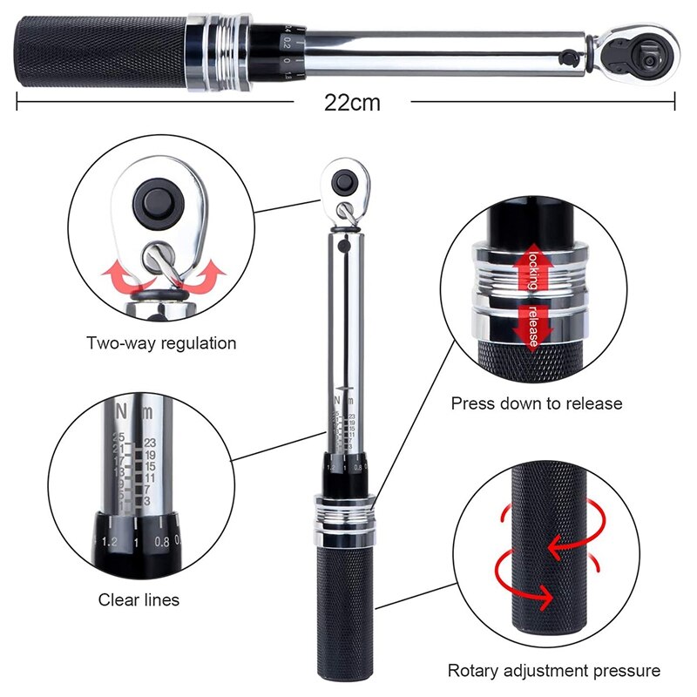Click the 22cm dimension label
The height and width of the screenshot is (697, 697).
[352, 102]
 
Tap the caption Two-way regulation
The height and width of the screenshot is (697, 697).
[161, 343]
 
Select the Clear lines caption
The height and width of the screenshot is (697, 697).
[139, 599]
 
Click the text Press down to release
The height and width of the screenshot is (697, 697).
[537, 403]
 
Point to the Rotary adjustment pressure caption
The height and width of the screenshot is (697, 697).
[553, 671]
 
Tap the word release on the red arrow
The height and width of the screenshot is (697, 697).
[532, 325]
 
